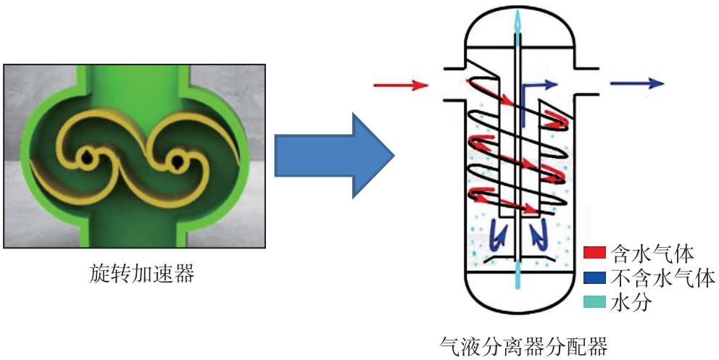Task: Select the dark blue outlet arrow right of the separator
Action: [637, 84]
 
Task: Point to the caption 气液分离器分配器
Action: [523, 345]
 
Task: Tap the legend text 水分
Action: [633, 301]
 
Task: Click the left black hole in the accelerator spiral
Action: [87, 156]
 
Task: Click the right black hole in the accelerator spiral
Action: [175, 161]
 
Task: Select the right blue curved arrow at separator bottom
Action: [537, 233]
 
